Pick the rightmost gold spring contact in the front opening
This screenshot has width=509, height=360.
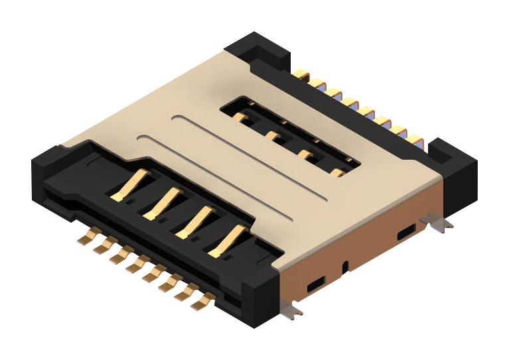226,240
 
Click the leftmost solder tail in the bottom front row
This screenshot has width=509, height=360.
85,237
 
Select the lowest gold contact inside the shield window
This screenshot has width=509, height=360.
337,173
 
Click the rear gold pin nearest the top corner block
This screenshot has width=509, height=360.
301,74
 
